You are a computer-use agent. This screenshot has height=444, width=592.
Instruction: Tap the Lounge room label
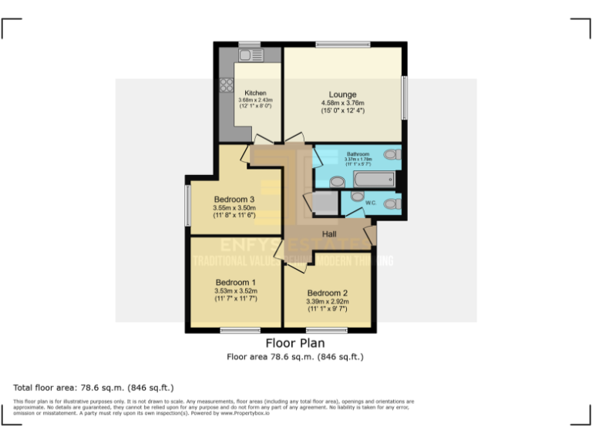(342, 92)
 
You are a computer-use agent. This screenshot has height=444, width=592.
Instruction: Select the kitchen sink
(251, 55)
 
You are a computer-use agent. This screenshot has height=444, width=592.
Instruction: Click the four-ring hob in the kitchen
(227, 86)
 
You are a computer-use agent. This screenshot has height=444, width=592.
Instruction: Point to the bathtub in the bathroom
(374, 179)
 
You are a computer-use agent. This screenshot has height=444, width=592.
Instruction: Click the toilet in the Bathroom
(391, 154)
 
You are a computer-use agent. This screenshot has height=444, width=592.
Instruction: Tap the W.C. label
(370, 203)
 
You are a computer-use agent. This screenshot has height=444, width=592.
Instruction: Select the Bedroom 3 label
(234, 199)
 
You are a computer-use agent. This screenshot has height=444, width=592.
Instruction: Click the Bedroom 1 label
(235, 281)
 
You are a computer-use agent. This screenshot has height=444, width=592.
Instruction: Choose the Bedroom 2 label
(328, 293)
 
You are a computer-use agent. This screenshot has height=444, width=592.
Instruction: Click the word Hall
(329, 234)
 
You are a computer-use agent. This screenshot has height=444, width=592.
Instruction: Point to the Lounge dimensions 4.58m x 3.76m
(342, 103)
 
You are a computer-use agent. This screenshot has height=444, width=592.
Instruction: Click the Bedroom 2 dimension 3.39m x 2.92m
(328, 301)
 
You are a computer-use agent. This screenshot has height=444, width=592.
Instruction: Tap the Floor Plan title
(295, 343)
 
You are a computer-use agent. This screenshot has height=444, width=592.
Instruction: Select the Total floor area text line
(93, 387)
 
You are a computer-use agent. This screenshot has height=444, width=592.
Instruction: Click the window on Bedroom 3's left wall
(187, 204)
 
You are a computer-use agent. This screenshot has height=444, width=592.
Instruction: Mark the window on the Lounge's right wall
(403, 96)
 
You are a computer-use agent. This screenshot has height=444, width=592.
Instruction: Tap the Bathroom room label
(358, 154)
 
